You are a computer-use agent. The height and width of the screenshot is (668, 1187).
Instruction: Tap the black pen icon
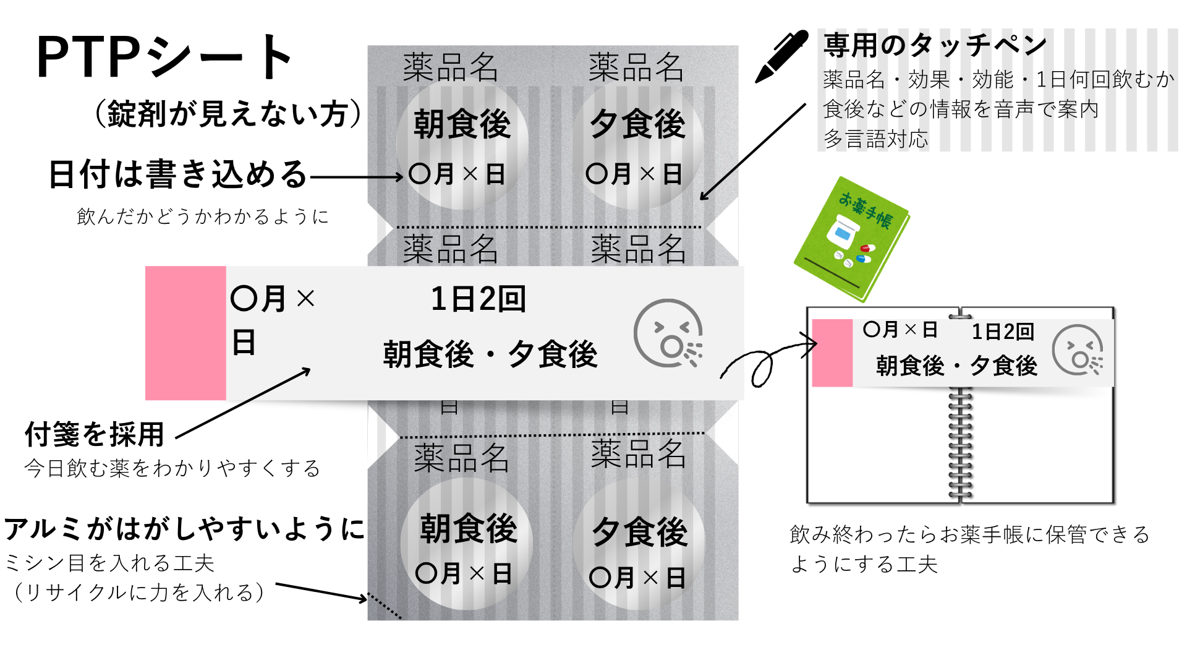(x=781, y=56)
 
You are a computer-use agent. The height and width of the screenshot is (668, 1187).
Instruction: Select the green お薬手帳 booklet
(x=852, y=238)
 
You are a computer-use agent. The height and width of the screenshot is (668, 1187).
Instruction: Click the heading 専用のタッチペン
(x=935, y=45)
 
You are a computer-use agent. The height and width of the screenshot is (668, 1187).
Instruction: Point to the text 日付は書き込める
(x=178, y=174)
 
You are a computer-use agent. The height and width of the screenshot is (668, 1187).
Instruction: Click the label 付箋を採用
(x=95, y=434)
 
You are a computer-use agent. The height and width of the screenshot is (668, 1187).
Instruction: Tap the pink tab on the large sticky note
(x=185, y=333)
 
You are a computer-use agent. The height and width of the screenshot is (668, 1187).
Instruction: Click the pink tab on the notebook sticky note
(x=832, y=353)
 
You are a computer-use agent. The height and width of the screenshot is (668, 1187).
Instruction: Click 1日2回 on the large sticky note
(x=478, y=299)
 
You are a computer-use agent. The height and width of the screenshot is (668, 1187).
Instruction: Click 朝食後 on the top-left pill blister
(x=462, y=124)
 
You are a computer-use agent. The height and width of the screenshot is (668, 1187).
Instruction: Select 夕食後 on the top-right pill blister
(x=638, y=124)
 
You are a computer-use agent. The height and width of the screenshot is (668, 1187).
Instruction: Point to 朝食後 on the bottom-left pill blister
(x=468, y=529)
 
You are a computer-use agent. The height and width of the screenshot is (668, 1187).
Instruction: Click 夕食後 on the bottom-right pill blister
(x=640, y=532)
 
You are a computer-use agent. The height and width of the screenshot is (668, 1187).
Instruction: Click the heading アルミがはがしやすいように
(x=184, y=529)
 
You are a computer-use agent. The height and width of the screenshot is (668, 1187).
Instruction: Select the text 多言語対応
(x=875, y=139)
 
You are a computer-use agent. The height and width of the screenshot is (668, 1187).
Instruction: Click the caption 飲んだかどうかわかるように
(x=203, y=216)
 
